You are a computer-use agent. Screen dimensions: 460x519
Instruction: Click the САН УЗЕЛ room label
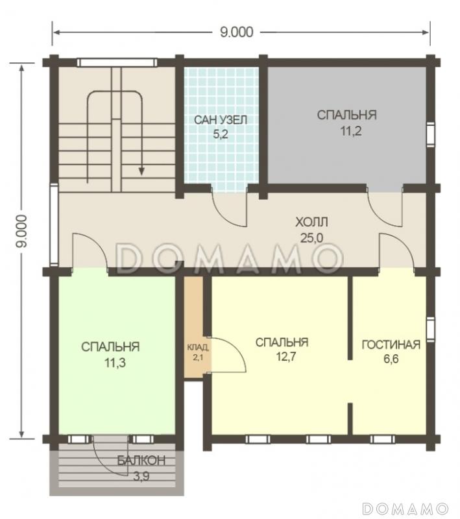(x=220, y=120)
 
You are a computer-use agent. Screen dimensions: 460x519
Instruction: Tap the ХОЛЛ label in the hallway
(x=311, y=222)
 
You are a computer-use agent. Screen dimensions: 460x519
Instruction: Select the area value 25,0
(x=311, y=237)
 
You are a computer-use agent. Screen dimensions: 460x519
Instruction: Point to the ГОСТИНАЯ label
(x=391, y=344)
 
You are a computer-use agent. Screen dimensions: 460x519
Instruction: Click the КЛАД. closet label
(x=198, y=347)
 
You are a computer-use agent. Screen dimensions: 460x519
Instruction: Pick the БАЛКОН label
(x=141, y=461)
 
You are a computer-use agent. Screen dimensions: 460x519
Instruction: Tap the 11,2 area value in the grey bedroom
(x=351, y=131)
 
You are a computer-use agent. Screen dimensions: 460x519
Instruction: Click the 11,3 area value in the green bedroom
(x=115, y=363)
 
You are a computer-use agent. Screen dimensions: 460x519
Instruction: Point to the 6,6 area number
(x=391, y=359)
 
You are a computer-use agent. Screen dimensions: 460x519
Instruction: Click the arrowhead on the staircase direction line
(x=141, y=171)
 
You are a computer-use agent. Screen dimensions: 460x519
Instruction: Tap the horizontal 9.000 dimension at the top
(x=236, y=32)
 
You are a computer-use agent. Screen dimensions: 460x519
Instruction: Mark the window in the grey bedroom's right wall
(x=430, y=134)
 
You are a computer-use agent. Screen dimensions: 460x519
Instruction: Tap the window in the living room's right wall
(x=430, y=329)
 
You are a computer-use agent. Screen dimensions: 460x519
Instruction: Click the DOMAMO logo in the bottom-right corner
(x=405, y=509)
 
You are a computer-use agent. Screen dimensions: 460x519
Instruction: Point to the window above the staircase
(x=117, y=62)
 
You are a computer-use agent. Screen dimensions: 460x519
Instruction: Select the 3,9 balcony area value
(x=141, y=476)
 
